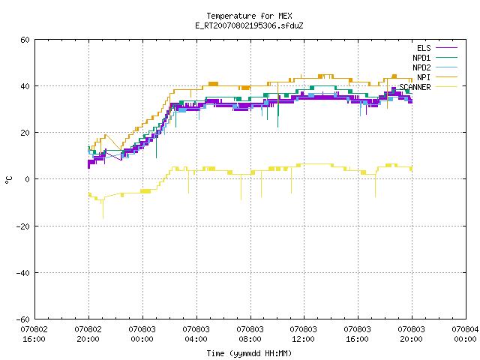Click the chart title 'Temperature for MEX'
click(x=249, y=16)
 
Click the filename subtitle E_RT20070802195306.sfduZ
click(x=249, y=25)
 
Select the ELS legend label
click(x=424, y=48)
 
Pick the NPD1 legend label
click(x=421, y=58)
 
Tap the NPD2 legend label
click(x=421, y=67)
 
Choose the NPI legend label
click(x=424, y=77)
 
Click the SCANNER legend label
click(x=415, y=87)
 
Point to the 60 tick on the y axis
click(x=25, y=40)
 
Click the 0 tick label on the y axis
click(x=28, y=179)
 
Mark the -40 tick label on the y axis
click(x=23, y=273)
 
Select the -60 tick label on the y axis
click(x=23, y=319)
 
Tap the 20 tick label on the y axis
click(x=25, y=133)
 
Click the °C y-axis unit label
click(x=8, y=180)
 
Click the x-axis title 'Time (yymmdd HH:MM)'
click(x=249, y=353)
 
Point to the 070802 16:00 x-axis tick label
click(x=34, y=334)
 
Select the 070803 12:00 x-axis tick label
click(x=303, y=334)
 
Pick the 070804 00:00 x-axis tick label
click(x=465, y=334)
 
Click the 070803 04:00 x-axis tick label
click(x=196, y=334)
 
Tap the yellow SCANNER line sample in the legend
click(x=446, y=87)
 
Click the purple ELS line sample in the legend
click(x=446, y=48)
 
